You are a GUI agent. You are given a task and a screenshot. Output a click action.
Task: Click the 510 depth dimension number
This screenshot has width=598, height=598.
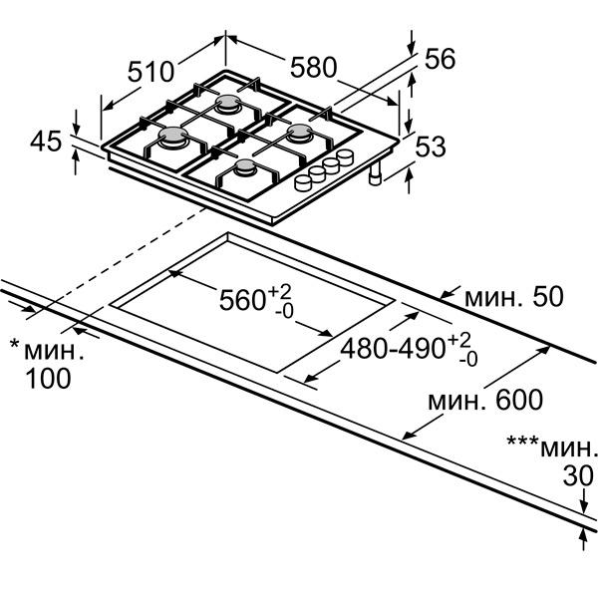click(150, 72)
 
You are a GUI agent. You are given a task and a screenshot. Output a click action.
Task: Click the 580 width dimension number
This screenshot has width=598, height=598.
click(314, 68)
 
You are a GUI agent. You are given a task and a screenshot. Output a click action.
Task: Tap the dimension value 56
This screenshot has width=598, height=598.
click(441, 59)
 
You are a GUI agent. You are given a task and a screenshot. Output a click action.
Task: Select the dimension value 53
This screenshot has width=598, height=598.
click(431, 147)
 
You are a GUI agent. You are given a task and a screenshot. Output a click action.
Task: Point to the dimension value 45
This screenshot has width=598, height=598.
click(46, 142)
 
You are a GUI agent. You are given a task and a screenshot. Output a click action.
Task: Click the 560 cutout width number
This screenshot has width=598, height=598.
click(242, 300)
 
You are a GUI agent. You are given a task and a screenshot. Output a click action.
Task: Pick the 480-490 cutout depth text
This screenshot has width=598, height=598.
click(393, 348)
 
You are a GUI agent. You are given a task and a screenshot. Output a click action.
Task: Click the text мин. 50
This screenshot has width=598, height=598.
click(513, 297)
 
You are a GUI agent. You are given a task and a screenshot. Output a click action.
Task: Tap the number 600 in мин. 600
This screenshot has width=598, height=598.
click(519, 400)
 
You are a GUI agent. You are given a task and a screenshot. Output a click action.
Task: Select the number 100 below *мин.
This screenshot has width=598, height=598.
click(48, 379)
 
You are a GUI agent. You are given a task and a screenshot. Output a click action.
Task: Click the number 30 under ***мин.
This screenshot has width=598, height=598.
click(578, 475)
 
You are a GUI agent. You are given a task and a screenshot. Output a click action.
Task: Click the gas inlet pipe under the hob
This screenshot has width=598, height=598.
click(376, 174)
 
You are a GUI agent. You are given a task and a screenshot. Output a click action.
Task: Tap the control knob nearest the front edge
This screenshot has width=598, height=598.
click(303, 183)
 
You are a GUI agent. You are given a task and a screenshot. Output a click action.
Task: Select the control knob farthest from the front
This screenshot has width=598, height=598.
click(345, 157)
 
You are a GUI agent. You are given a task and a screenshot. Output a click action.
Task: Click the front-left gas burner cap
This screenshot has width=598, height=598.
click(173, 135)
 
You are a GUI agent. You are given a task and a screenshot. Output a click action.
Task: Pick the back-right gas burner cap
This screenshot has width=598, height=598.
click(300, 131)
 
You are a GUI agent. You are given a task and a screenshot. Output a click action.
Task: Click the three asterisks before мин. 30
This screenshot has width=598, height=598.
click(522, 441)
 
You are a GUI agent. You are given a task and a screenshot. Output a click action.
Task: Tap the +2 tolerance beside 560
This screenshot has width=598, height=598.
click(279, 292)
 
